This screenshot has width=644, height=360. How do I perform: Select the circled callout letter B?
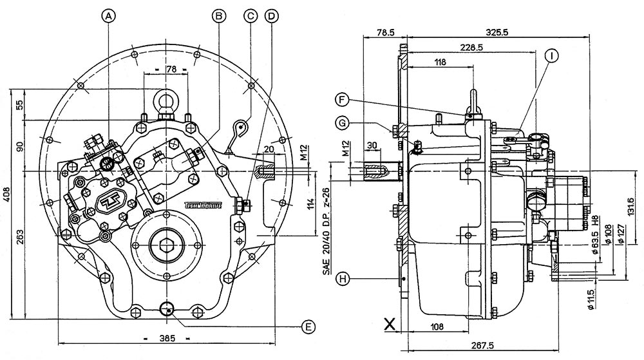(219, 15)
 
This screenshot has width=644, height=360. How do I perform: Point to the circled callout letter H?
(344, 278)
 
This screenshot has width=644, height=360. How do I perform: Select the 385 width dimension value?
(167, 337)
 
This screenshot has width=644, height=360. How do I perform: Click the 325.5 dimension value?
(496, 32)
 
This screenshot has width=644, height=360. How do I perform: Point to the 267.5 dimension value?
(494, 346)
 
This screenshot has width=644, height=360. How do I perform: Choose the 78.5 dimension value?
(384, 32)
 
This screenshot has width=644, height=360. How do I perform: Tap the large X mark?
(389, 324)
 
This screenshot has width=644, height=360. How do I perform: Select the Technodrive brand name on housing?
(204, 205)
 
